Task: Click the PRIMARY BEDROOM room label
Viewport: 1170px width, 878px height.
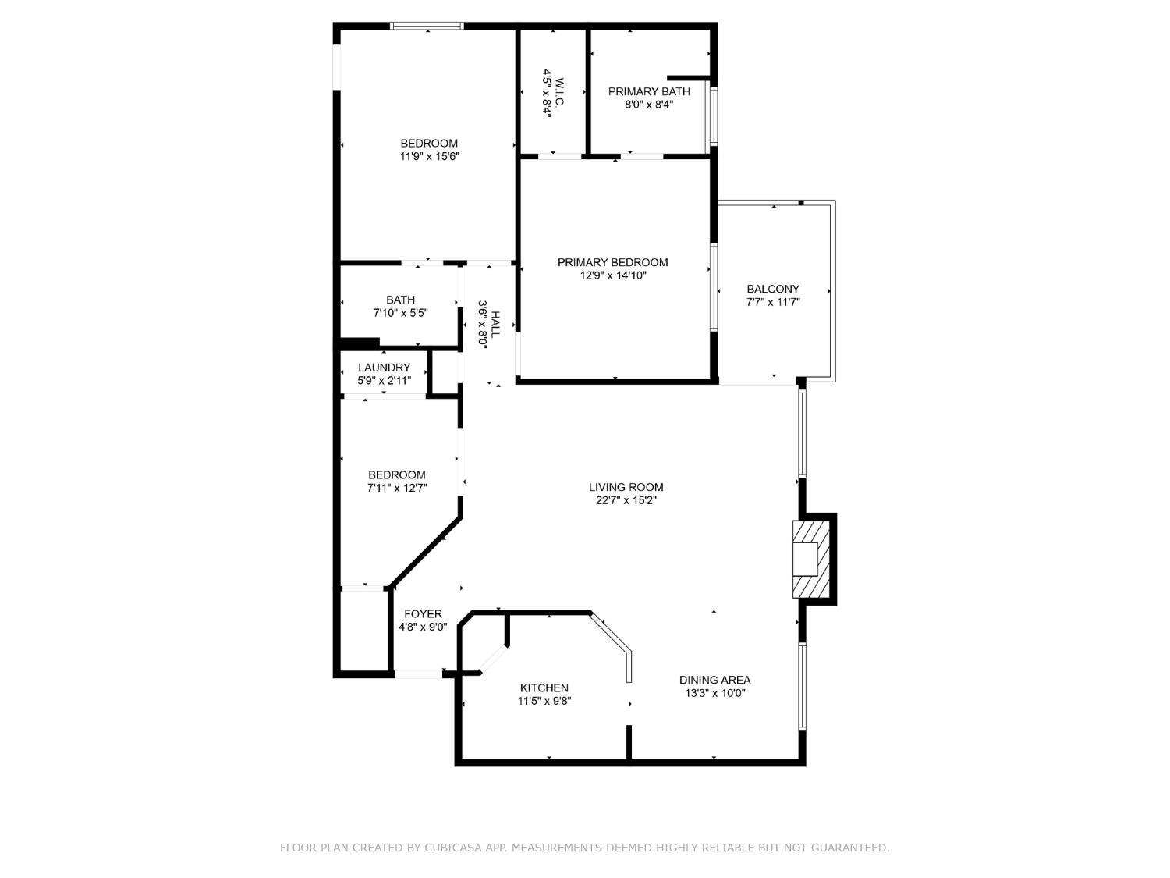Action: coord(612,262)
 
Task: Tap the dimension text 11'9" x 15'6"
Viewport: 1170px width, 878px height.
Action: coord(430,156)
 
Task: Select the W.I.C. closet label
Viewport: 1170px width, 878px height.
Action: coord(559,91)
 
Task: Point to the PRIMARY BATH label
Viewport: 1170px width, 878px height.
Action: coord(649,91)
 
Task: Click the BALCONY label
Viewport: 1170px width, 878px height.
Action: coord(773,289)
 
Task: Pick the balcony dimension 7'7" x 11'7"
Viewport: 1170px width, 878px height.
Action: coord(773,302)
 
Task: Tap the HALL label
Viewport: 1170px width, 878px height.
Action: coord(495,325)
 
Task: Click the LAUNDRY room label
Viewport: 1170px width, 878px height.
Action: coord(384,368)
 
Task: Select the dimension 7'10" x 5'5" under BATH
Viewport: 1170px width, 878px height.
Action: coord(400,313)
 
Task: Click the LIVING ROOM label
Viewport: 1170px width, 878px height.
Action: coord(626,487)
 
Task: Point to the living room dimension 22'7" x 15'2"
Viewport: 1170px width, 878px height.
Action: coord(626,500)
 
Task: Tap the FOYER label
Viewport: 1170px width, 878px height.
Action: coord(423,613)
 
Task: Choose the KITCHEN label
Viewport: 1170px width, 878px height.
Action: coord(544,688)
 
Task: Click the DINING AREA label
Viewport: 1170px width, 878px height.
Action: coord(714,680)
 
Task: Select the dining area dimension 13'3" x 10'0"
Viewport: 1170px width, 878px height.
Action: coord(714,693)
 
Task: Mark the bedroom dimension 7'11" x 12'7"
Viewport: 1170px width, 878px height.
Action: coord(397,488)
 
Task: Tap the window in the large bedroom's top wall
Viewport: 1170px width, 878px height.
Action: coord(427,26)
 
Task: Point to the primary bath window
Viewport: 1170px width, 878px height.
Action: coord(714,116)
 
